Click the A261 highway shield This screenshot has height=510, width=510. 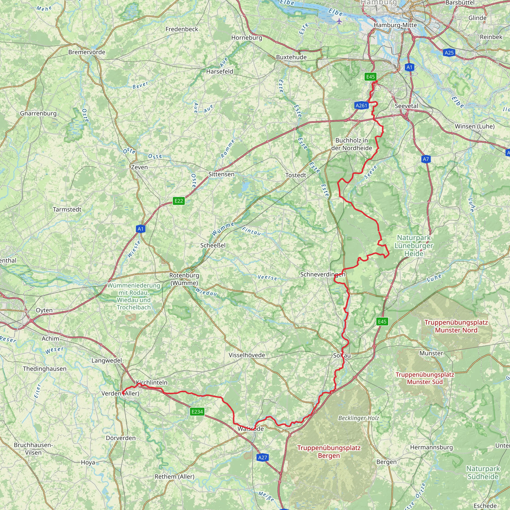click(x=361, y=106)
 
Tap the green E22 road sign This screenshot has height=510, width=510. click(x=179, y=201)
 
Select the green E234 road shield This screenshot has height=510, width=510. click(x=197, y=412)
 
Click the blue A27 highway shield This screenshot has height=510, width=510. click(x=263, y=457)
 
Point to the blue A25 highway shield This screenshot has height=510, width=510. click(x=449, y=53)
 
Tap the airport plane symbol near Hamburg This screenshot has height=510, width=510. click(x=339, y=21)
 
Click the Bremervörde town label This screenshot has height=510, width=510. click(x=87, y=52)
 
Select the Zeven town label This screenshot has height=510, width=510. click(x=139, y=167)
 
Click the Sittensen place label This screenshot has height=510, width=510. click(x=221, y=174)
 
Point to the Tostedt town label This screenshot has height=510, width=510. click(x=296, y=175)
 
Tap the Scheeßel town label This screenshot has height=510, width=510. click(x=213, y=245)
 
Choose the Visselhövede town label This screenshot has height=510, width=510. click(x=247, y=355)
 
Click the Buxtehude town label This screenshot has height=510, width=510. click(x=291, y=57)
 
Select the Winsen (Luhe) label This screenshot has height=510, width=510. click(x=475, y=126)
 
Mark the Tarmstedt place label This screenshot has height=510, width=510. click(x=67, y=209)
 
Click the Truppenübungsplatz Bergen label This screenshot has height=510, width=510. click(x=329, y=452)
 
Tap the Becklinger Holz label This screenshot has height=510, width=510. click(x=359, y=418)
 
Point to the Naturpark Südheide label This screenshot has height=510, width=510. click(x=483, y=472)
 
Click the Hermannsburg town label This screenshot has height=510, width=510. click(x=431, y=447)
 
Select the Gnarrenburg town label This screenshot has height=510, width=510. click(x=38, y=113)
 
